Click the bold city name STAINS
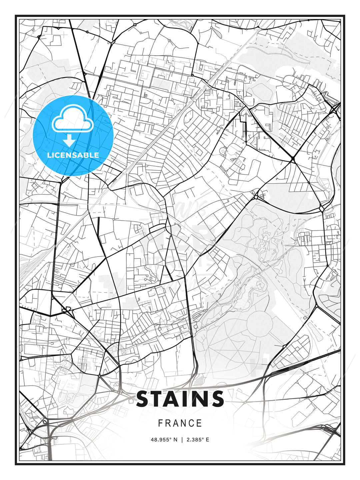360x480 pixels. click(x=180, y=399)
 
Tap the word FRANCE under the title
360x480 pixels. click(x=180, y=423)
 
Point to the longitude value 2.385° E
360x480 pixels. click(x=198, y=440)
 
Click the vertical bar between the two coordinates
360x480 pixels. click(x=182, y=440)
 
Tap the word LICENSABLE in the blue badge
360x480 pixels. click(x=73, y=155)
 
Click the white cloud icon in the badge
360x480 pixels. click(x=72, y=119)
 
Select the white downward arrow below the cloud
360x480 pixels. click(x=69, y=140)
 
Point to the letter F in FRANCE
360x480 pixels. click(x=160, y=423)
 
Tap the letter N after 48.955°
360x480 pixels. click(x=175, y=440)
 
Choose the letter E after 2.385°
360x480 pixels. click(x=207, y=440)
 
